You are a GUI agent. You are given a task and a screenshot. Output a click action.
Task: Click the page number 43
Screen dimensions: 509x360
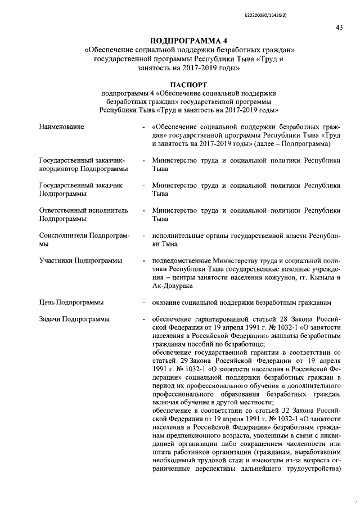point(339,28)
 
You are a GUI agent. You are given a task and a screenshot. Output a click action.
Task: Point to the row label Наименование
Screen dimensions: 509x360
point(61,127)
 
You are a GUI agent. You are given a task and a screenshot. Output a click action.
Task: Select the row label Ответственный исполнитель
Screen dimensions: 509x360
point(84,210)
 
